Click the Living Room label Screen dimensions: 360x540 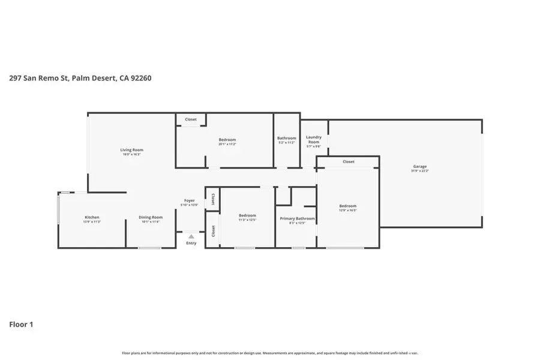[131, 150]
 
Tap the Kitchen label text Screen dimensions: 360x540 [92, 217]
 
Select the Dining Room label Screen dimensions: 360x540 [151, 217]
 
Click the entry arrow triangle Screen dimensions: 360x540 [191, 236]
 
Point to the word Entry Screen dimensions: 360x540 [191, 243]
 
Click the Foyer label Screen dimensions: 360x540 [189, 200]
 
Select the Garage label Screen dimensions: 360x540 [419, 166]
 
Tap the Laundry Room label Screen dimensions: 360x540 [314, 139]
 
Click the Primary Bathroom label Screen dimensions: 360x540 [297, 218]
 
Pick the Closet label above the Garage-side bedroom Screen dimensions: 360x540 [348, 161]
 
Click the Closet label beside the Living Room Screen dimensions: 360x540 [190, 119]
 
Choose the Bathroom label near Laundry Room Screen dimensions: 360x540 [287, 138]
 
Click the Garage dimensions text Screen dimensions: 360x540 [419, 172]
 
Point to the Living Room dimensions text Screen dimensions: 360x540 [131, 155]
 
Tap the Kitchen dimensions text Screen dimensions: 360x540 [92, 222]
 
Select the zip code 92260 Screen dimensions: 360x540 [132, 77]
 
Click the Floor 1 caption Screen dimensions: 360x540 [21, 325]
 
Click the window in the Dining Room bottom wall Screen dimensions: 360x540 [149, 248]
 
